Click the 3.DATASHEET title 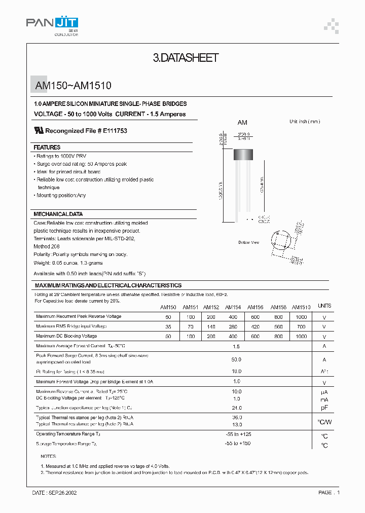click(x=186, y=58)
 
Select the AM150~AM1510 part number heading click(x=73, y=86)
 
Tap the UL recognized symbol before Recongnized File click(x=39, y=130)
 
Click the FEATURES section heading click(x=47, y=147)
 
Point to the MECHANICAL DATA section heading click(x=58, y=214)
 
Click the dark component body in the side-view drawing click(x=244, y=154)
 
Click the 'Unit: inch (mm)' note click(x=304, y=122)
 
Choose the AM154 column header click(x=233, y=307)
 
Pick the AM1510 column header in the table click(x=301, y=307)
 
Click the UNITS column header click(x=324, y=306)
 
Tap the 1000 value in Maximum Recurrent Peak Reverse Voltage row click(x=301, y=317)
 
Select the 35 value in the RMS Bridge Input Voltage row click(x=168, y=327)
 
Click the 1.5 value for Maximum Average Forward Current click(x=236, y=346)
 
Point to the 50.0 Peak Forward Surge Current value click(x=236, y=359)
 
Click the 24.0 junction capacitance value click(x=236, y=408)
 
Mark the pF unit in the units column click(x=324, y=408)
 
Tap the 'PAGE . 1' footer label click(x=329, y=492)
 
